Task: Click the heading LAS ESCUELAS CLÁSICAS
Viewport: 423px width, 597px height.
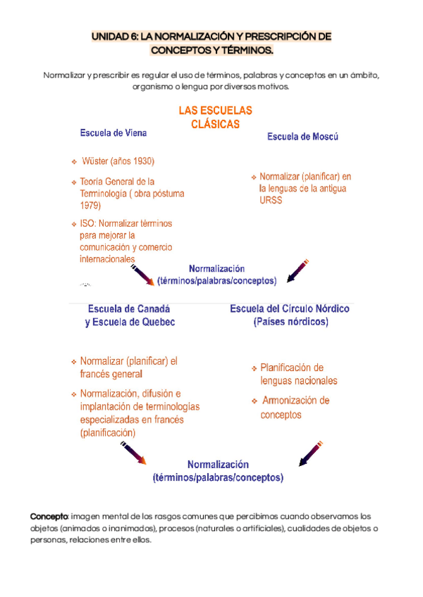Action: coord(215,118)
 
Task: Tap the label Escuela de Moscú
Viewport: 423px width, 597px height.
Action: coord(302,137)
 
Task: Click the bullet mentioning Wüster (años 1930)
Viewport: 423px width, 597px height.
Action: coord(118,161)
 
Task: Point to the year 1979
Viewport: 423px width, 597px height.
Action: coord(90,206)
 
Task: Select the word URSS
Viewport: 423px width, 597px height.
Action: coord(270,201)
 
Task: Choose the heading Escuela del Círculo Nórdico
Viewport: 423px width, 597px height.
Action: coord(290,308)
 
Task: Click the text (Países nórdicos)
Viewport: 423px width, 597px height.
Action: coord(290,322)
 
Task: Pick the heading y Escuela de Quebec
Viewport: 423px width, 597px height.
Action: coord(130,322)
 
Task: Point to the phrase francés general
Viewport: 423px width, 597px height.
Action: coord(111,375)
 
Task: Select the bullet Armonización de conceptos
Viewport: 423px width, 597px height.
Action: coord(295,408)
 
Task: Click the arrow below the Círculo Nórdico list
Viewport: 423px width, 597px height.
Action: coord(311,453)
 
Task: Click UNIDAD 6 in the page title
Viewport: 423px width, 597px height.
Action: coord(115,36)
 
